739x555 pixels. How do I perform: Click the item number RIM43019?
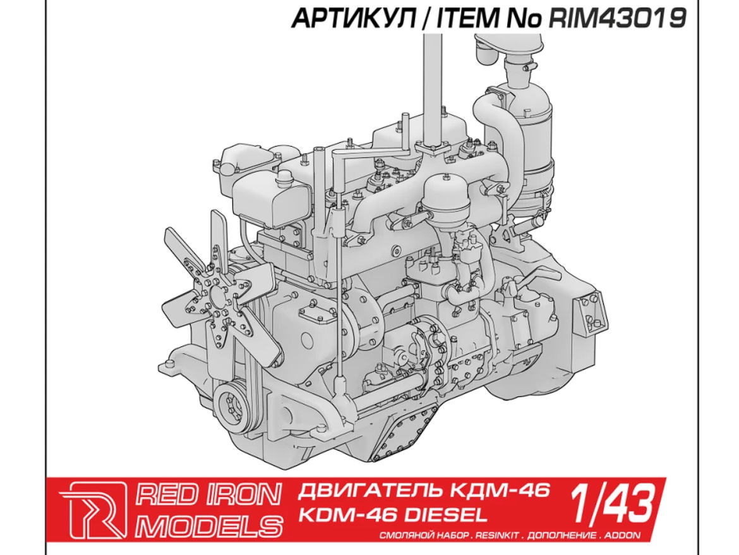pos(617,19)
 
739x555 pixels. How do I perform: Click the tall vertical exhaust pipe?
pos(432,82)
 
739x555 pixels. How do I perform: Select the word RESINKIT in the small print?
pos(498,535)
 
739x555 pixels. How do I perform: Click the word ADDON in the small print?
pos(623,535)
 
